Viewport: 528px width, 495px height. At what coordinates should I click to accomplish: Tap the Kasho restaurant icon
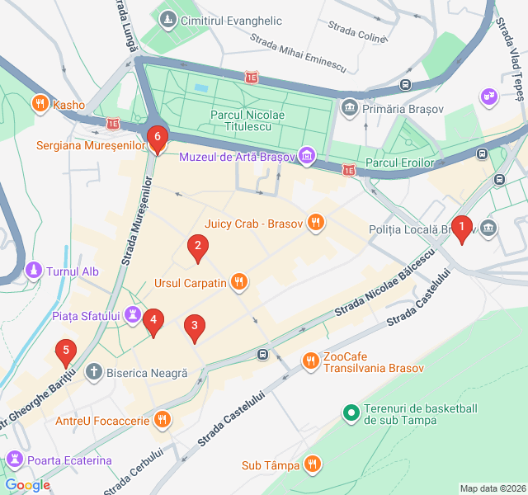(39, 104)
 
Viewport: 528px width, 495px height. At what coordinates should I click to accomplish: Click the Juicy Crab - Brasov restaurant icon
(314, 222)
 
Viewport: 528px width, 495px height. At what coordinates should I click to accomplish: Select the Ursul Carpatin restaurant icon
(238, 283)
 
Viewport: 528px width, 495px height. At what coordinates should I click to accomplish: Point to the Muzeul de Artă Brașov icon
(307, 154)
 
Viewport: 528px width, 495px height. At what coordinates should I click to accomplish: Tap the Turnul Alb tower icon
(33, 271)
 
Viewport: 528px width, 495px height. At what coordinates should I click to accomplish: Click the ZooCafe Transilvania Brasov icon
(310, 361)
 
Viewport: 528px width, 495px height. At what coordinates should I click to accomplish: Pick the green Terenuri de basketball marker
(350, 412)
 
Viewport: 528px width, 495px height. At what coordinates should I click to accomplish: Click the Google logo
(27, 485)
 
